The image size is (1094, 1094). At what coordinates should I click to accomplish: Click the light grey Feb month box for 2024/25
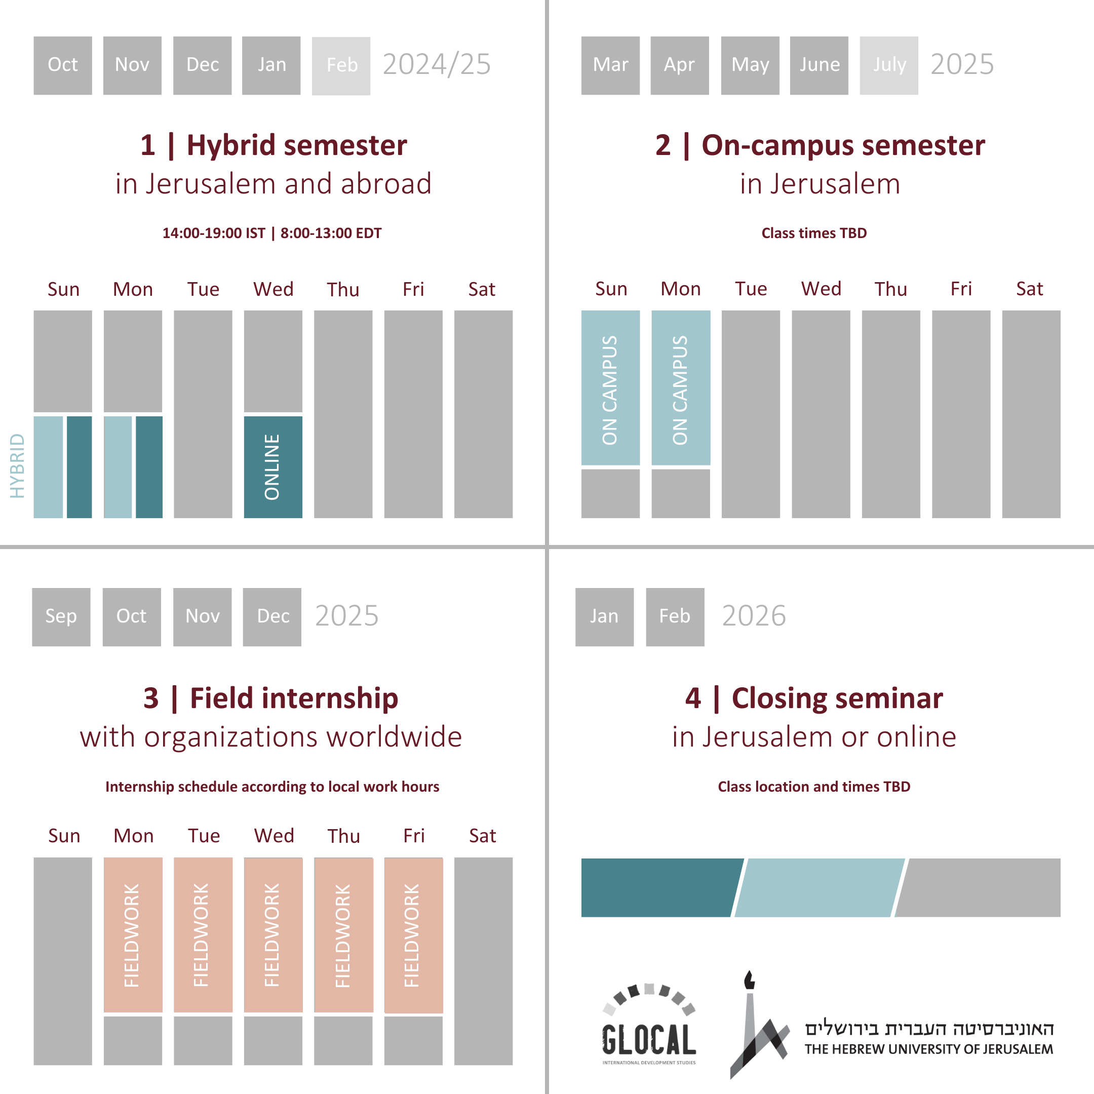[341, 66]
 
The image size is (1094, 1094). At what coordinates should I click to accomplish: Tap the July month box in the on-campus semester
[888, 66]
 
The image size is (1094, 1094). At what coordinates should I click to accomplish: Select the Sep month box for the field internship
[61, 617]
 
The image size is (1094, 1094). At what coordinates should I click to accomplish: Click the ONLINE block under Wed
[273, 466]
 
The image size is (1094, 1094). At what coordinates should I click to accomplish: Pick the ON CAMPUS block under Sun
[610, 388]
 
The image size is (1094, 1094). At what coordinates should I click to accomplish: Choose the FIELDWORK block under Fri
[413, 935]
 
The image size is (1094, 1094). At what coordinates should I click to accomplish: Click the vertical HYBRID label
[18, 465]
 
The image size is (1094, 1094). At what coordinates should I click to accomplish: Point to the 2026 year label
[754, 616]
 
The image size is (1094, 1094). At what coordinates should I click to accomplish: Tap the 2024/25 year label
[437, 64]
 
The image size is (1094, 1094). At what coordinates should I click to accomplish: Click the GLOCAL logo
[649, 1025]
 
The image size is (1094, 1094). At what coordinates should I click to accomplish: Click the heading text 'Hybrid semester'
[296, 145]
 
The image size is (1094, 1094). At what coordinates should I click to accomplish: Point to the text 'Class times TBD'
[814, 233]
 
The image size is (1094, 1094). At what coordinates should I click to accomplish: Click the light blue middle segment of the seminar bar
[818, 887]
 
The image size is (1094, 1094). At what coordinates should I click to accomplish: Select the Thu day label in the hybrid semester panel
[342, 290]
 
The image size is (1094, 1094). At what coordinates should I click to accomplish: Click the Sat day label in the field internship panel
[483, 836]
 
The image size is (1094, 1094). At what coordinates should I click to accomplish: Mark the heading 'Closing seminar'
[837, 698]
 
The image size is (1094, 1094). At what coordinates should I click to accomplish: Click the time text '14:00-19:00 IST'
[213, 233]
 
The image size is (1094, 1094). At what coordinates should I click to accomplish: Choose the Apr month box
[680, 66]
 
